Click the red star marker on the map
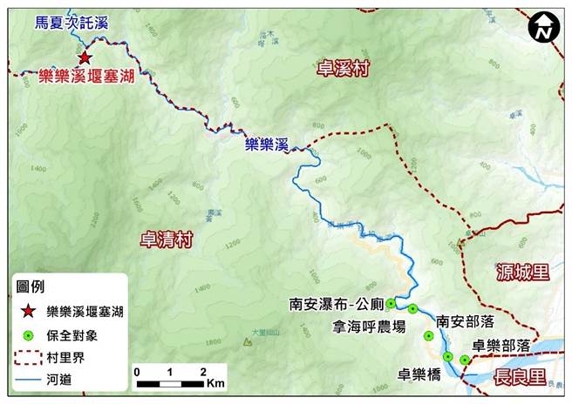(x=85, y=57)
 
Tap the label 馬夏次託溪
(x=71, y=24)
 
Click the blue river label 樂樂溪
(x=266, y=145)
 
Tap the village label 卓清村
(x=166, y=239)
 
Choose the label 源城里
(x=521, y=273)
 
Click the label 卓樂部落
(x=501, y=345)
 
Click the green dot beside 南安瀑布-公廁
(x=392, y=304)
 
